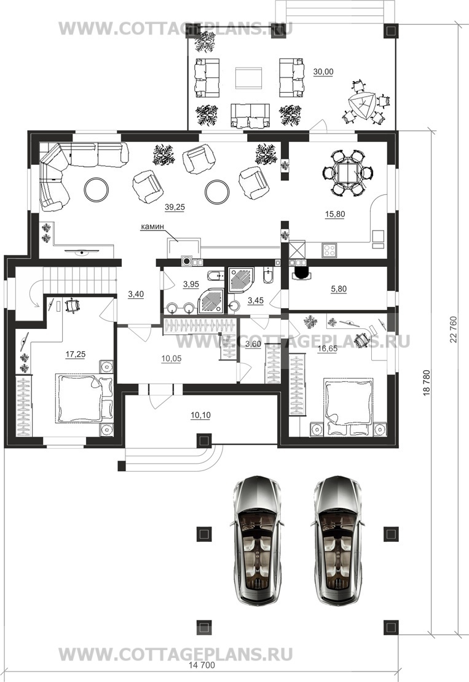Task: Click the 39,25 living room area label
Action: coord(175,207)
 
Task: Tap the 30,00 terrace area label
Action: coord(323,72)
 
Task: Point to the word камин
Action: coord(152,226)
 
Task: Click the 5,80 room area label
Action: coord(339,289)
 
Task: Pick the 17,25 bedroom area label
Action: coord(75,354)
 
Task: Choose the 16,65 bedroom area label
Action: coord(327,348)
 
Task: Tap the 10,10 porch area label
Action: coord(200,415)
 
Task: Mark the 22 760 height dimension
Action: coord(454,329)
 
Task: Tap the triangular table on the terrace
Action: coord(361,105)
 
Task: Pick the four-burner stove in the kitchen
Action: coord(329,250)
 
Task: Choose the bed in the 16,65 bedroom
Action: coord(348,406)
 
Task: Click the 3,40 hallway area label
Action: coord(136,295)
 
